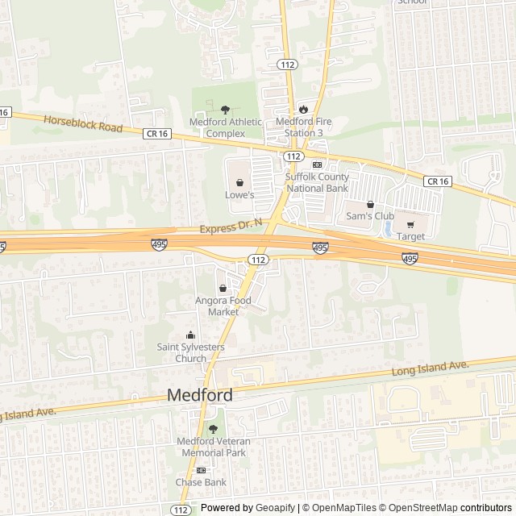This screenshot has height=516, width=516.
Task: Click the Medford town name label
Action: tap(200, 396)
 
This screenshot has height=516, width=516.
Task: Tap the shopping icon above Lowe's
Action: tap(239, 182)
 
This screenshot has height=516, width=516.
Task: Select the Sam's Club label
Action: tap(370, 216)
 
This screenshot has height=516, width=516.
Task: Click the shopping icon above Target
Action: tap(410, 224)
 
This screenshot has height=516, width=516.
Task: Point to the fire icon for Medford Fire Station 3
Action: tap(303, 109)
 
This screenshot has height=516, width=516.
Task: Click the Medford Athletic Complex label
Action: tap(226, 127)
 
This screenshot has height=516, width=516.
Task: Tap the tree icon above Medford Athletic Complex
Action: tap(225, 109)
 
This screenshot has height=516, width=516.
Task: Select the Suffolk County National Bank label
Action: tap(317, 182)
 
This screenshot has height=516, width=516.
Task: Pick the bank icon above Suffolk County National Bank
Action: tap(316, 164)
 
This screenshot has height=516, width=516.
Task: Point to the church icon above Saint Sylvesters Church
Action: tap(191, 335)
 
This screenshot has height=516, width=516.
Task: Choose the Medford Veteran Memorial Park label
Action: tap(214, 447)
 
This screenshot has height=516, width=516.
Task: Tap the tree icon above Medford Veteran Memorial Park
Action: tap(214, 428)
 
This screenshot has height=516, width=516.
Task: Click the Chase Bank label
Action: tap(201, 482)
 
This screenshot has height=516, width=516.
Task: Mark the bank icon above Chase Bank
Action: tap(201, 470)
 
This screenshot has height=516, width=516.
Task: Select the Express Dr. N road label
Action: tap(232, 229)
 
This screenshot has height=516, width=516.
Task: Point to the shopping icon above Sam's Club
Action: tap(370, 204)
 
